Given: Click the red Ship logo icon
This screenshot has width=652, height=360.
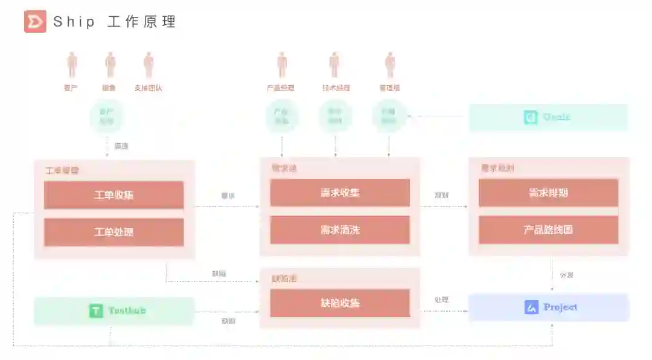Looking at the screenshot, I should click(35, 22).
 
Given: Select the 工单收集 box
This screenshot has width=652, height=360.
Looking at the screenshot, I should click(114, 195).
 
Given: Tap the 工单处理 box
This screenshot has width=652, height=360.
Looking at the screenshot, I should click(114, 232).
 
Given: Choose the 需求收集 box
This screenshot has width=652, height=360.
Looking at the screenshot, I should click(340, 193).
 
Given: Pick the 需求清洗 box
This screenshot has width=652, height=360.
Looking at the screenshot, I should click(340, 230).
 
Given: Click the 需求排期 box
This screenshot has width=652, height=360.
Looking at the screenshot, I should click(548, 193).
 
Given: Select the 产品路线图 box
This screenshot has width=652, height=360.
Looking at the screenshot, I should click(548, 230).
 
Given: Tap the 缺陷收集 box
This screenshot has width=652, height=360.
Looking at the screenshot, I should click(340, 303).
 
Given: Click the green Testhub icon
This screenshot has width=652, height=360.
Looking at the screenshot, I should click(96, 311).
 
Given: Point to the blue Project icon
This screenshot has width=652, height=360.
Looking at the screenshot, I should click(531, 307).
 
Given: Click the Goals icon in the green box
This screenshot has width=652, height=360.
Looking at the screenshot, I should click(531, 117).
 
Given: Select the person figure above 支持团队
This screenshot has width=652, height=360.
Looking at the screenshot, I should click(149, 65).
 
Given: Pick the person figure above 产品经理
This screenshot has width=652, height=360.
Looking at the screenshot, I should click(281, 65).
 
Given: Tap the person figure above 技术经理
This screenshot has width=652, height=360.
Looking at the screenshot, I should click(334, 65).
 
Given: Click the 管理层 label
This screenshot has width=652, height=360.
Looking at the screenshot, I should click(389, 88).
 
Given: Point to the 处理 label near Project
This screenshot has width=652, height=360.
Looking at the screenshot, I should click(441, 300).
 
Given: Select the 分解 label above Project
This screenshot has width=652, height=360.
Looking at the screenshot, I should click(566, 275).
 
